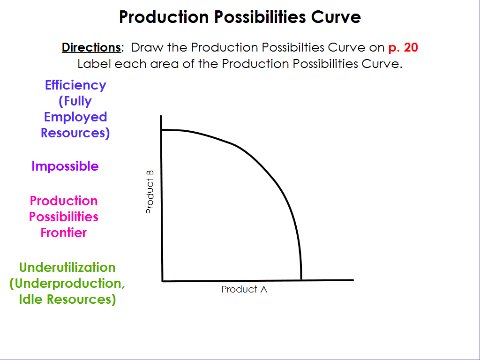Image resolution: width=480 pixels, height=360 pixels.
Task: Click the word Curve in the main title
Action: click(x=336, y=17)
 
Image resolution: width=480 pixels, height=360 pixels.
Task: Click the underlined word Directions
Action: click(x=91, y=47)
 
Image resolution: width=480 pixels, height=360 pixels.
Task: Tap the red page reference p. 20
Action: click(x=403, y=47)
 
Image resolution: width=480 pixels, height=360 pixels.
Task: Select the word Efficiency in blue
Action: click(x=75, y=85)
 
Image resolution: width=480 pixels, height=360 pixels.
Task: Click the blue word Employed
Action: click(x=75, y=117)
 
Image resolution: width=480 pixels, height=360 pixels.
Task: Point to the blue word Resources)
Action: click(x=75, y=133)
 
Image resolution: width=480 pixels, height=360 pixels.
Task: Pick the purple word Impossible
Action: click(x=65, y=166)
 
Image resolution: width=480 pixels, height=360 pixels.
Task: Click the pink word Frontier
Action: click(x=64, y=232)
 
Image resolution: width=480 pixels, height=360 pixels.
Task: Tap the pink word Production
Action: click(x=64, y=201)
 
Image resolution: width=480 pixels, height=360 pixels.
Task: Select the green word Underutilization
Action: click(x=67, y=268)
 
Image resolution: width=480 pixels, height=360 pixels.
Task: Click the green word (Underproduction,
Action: click(x=67, y=284)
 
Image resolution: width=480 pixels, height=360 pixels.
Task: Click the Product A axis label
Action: click(x=244, y=289)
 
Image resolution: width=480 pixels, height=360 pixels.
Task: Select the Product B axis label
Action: click(x=150, y=192)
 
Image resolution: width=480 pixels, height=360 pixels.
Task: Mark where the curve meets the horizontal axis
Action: click(x=301, y=280)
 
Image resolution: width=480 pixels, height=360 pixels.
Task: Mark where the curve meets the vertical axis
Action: click(x=161, y=130)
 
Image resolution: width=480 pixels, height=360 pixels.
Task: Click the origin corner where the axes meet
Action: click(x=162, y=281)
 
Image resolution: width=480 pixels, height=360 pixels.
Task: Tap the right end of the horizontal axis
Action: click(x=353, y=280)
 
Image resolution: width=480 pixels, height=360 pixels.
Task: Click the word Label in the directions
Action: click(x=94, y=64)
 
